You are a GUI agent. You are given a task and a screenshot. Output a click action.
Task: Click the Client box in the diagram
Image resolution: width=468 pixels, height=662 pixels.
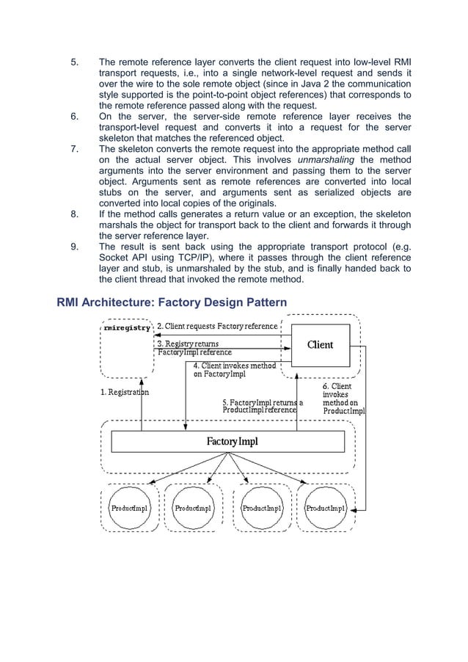pos(319,344)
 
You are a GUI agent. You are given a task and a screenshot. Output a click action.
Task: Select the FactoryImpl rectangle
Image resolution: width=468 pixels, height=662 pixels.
pos(227,442)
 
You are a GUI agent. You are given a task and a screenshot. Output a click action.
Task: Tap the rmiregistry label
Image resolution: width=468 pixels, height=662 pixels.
pos(127,328)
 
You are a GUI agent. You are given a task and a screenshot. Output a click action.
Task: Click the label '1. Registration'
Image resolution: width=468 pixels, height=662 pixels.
pos(125,392)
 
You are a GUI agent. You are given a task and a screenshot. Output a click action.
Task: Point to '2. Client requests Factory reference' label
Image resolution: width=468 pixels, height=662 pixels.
pos(218,326)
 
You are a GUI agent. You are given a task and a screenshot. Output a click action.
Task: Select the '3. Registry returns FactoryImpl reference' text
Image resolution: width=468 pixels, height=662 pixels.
pos(194,348)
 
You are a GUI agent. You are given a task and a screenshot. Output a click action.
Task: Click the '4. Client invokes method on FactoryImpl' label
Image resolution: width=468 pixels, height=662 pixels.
pos(234,369)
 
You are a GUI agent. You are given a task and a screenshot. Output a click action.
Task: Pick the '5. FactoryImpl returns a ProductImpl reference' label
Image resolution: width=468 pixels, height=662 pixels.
pos(262,406)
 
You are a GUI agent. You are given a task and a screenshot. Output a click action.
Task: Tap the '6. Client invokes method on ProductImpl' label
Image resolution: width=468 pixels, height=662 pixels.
pos(343,399)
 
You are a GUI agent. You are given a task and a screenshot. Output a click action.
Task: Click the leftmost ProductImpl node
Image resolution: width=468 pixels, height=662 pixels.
pos(129,507)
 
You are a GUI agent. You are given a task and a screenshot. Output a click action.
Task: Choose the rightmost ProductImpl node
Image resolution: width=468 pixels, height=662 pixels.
pos(325,507)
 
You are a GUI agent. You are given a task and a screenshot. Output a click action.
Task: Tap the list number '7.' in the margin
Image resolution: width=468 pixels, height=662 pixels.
pos(74,148)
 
